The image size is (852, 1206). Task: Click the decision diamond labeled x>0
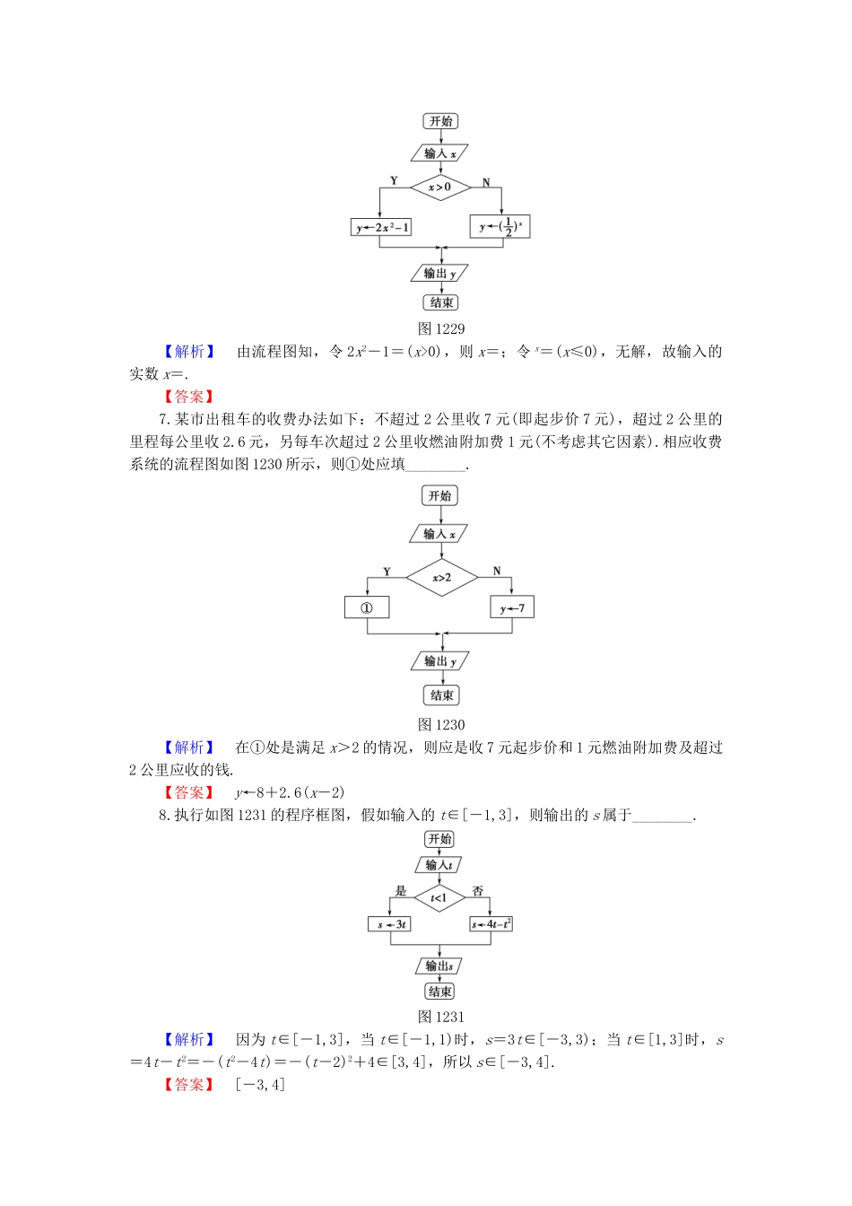pyautogui.click(x=440, y=187)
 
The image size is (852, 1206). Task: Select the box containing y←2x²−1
pyautogui.click(x=381, y=227)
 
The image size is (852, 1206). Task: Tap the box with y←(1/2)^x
pyautogui.click(x=500, y=226)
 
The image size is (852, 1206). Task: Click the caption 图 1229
pyautogui.click(x=441, y=328)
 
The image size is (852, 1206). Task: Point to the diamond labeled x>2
pyautogui.click(x=441, y=577)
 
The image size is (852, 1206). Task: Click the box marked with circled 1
pyautogui.click(x=367, y=607)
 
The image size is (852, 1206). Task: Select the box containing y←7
pyautogui.click(x=512, y=607)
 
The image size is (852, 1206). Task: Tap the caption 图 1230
pyautogui.click(x=441, y=724)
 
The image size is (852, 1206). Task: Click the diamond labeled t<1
pyautogui.click(x=439, y=897)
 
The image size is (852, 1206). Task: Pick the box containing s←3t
pyautogui.click(x=390, y=923)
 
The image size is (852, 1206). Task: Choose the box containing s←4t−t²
pyautogui.click(x=491, y=923)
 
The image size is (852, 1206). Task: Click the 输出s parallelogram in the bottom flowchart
pyautogui.click(x=439, y=966)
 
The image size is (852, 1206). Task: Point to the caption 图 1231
pyautogui.click(x=441, y=1017)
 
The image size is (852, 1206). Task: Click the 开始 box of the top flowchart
pyautogui.click(x=440, y=121)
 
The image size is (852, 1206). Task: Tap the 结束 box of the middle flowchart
pyautogui.click(x=441, y=695)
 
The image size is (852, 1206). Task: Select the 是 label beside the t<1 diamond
pyautogui.click(x=401, y=890)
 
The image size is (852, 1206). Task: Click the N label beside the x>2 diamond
pyautogui.click(x=497, y=571)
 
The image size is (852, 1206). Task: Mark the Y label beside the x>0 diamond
pyautogui.click(x=394, y=180)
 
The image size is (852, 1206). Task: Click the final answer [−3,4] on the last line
pyautogui.click(x=260, y=1084)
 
